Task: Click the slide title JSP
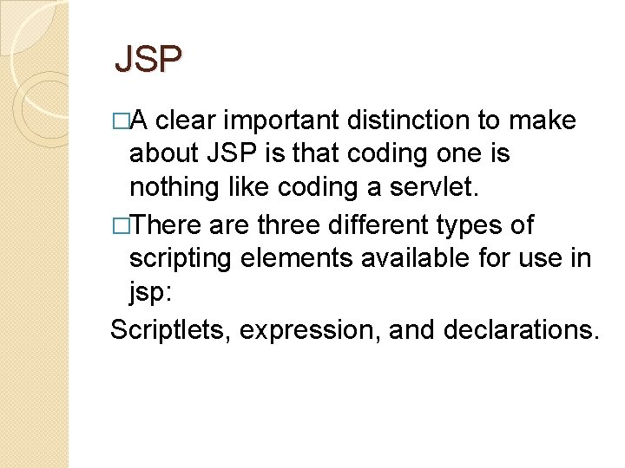(148, 60)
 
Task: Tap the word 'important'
(273, 119)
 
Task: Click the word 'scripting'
(180, 259)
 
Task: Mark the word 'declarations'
(521, 330)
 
